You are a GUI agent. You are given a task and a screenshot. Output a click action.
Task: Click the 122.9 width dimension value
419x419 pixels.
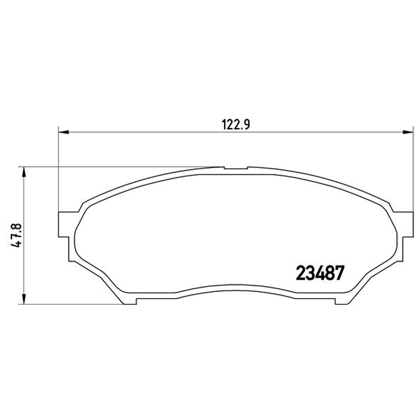[236, 125]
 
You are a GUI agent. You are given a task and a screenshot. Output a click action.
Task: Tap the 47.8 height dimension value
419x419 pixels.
[16, 235]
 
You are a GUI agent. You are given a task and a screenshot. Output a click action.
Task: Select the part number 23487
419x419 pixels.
[319, 273]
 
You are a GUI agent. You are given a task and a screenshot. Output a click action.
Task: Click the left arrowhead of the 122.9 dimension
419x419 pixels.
[63, 132]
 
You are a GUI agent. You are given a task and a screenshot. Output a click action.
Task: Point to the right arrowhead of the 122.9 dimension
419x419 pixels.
[408, 132]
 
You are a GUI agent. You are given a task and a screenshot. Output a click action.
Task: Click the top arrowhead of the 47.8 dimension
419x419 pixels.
[24, 172]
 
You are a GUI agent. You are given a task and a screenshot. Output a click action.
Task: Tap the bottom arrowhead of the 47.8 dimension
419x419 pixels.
[24, 299]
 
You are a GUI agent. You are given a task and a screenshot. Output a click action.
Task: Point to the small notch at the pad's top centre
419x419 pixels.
[236, 168]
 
